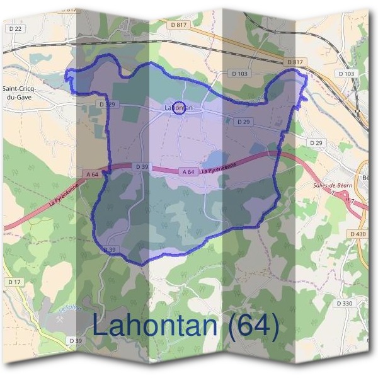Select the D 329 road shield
point(106,104)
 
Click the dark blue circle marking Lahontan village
point(178,108)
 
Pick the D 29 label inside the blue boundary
point(244,121)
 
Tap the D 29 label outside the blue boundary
point(316,144)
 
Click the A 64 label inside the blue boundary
point(188,171)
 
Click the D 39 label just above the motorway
point(142,166)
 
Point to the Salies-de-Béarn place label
point(331,186)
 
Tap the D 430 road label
point(357,234)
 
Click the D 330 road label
point(344,303)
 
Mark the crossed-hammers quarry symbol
point(61,319)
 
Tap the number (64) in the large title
point(253,326)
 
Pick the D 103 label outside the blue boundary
point(346,74)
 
